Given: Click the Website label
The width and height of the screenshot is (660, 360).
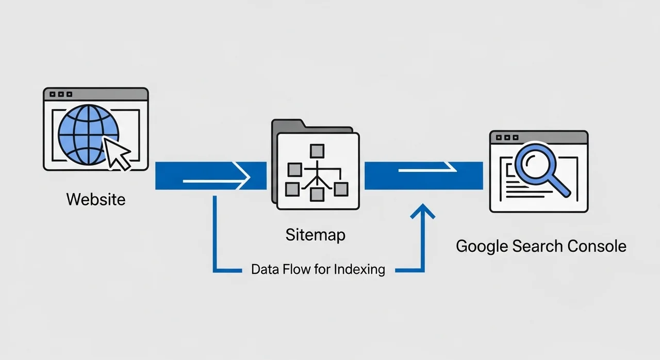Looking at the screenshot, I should (96, 199).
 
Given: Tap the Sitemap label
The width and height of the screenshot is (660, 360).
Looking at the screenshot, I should (315, 235).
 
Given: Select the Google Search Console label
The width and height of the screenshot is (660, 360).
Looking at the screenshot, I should (541, 246).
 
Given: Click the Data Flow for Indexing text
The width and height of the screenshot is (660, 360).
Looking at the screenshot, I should (318, 269).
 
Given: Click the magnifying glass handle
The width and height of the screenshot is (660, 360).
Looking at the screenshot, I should (560, 187).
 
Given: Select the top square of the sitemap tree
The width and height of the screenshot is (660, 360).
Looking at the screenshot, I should (316, 151).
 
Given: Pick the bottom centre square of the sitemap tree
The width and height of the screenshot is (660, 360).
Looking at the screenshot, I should (316, 194).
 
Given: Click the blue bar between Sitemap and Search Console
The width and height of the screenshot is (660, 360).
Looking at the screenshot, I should (423, 176).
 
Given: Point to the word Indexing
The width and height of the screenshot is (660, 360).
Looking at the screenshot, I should (359, 269).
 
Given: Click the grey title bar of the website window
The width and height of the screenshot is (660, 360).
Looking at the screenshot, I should (96, 94).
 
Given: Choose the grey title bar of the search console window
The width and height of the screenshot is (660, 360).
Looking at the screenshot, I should (538, 137).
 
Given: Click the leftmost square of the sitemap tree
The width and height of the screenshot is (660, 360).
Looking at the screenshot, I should (294, 169).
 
